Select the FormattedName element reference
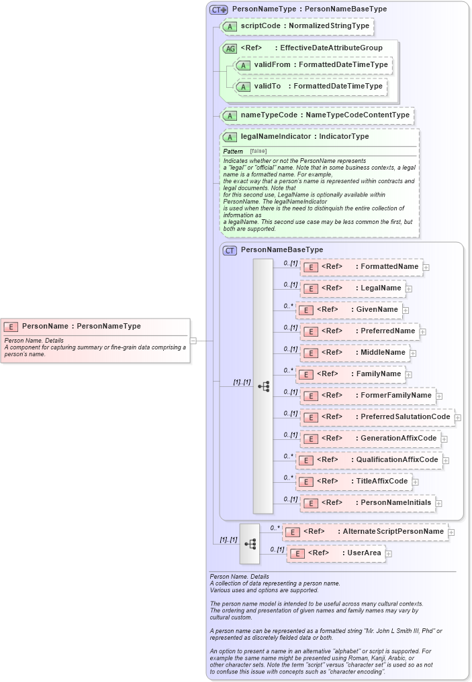coord(361,267)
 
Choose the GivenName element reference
coord(349,310)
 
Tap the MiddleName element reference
coord(355,353)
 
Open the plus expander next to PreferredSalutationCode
coord(458,418)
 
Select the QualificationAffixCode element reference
coord(369,460)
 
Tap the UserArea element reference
coord(336,553)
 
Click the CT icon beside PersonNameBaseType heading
coord(230,250)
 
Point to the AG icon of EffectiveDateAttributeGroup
coord(230,48)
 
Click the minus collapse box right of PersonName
coord(193,341)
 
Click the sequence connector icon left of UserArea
coord(249,543)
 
